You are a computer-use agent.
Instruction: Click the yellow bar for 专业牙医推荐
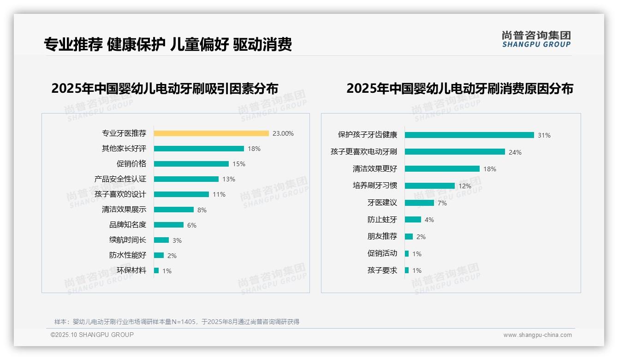click(x=211, y=133)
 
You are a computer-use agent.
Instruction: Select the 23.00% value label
click(x=283, y=133)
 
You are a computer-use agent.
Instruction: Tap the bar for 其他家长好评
click(x=199, y=149)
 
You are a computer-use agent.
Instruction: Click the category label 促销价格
click(x=131, y=164)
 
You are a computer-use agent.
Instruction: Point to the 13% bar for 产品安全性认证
click(x=186, y=179)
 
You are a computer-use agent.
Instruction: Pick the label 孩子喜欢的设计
click(x=120, y=194)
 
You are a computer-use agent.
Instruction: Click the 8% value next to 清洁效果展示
click(x=202, y=210)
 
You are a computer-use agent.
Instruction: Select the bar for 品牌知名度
click(x=169, y=225)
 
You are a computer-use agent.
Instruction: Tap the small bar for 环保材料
click(x=156, y=270)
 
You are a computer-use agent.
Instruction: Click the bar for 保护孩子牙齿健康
click(x=469, y=135)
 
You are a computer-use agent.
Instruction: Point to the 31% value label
click(x=544, y=135)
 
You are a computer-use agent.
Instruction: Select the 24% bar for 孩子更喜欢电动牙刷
click(x=455, y=152)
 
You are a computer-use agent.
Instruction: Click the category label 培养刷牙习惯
click(x=374, y=186)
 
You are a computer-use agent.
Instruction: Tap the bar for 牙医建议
click(x=419, y=203)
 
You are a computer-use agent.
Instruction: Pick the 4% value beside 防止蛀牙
click(x=429, y=220)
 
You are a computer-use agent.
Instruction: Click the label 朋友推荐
click(x=382, y=236)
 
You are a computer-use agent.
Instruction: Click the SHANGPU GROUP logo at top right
click(x=536, y=39)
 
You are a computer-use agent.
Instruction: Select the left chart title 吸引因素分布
click(x=165, y=88)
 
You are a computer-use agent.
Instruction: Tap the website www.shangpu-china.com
click(x=537, y=335)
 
